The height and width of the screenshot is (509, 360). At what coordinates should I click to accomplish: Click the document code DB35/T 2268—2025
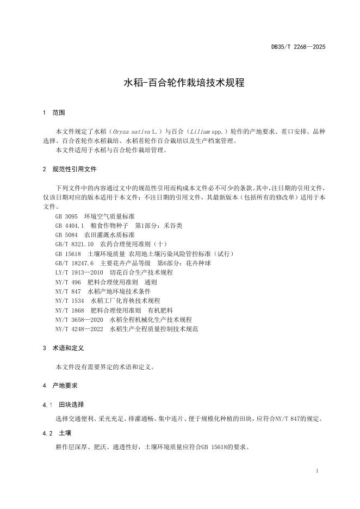point(299,47)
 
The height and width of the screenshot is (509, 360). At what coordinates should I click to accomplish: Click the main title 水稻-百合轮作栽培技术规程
point(184,83)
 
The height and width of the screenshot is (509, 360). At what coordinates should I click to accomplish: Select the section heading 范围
point(59,113)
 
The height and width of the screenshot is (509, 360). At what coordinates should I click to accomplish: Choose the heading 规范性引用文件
point(75,169)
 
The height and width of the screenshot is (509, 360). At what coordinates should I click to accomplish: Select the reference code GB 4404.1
point(69,226)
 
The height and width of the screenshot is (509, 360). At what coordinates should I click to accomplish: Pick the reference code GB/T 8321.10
point(75,244)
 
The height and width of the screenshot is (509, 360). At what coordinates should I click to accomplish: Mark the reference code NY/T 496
point(68,282)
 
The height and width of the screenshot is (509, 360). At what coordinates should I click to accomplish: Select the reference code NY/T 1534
point(70,300)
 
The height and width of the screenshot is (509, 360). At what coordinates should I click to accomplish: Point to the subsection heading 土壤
point(65,433)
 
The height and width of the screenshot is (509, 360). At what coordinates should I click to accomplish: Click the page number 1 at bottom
point(317,470)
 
